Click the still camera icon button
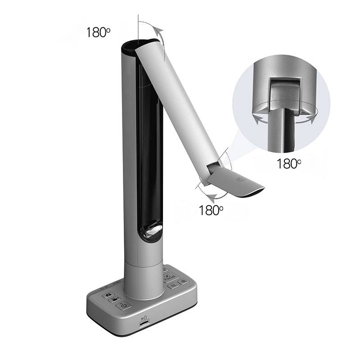click(108, 295)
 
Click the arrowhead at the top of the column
click(157, 30)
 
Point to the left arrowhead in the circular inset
click(256, 120)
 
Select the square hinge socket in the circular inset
click(282, 90)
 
